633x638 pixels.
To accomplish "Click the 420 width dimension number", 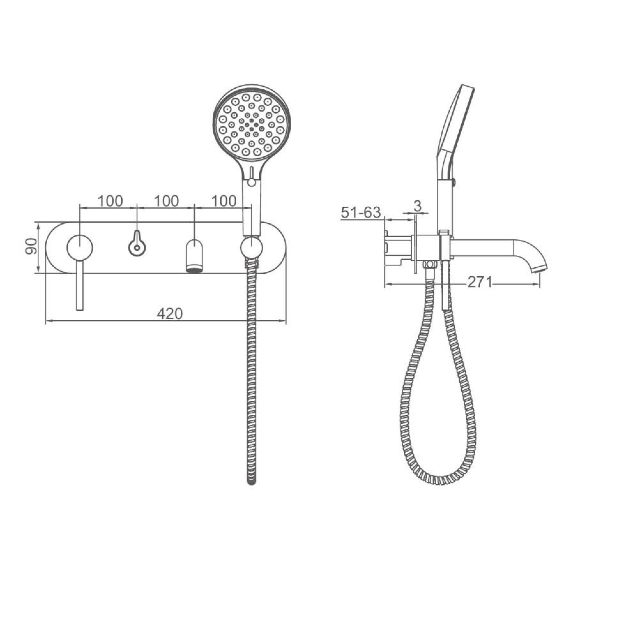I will coord(170,314).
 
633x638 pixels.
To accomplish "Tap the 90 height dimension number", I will coord(31,246).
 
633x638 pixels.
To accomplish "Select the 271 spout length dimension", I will coord(479,282).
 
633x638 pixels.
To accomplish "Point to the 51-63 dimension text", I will coord(361,212).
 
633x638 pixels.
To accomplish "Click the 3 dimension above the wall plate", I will coord(417,206).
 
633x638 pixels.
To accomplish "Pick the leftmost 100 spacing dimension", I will coord(110,200).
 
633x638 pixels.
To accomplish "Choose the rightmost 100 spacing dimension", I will coord(224,200).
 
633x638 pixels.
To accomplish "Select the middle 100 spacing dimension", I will coord(167,200).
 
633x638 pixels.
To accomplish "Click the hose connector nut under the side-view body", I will coord(430,264).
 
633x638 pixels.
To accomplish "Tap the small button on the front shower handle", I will coord(252,181).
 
